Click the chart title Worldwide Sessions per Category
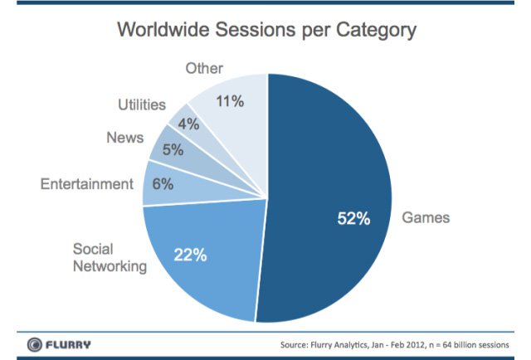click(265, 31)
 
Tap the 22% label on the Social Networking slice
click(190, 254)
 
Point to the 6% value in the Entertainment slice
click(163, 185)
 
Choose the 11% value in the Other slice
click(228, 102)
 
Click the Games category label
click(426, 218)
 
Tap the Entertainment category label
click(85, 183)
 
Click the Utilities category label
click(141, 106)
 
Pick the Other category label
click(203, 69)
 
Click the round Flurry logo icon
click(35, 343)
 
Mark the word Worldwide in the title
click(164, 31)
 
